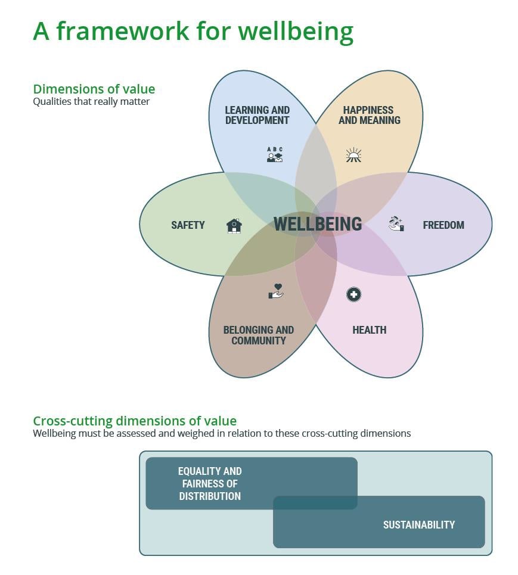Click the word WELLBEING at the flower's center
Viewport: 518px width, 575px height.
(318, 224)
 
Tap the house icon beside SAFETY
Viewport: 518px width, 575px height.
(234, 226)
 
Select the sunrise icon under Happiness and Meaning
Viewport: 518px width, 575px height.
(353, 156)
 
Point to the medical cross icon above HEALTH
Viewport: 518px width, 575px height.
(353, 294)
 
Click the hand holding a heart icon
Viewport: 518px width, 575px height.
(275, 291)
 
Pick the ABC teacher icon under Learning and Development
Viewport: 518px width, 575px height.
(275, 155)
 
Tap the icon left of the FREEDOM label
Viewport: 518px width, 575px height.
(396, 224)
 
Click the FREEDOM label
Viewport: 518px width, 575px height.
(443, 225)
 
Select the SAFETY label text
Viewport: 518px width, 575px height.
(188, 225)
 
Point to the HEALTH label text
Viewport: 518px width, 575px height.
(369, 330)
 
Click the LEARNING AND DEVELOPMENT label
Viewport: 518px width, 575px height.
(257, 115)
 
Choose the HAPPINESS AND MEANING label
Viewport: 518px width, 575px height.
(369, 115)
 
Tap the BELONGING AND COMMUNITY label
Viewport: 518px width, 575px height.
(258, 335)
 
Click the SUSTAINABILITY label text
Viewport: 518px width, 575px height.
(418, 525)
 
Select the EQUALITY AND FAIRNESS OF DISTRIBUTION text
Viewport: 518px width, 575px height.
(210, 484)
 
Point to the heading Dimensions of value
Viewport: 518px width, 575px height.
(94, 89)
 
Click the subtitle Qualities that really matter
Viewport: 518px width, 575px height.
(91, 101)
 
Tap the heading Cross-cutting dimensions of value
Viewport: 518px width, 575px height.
(135, 421)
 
